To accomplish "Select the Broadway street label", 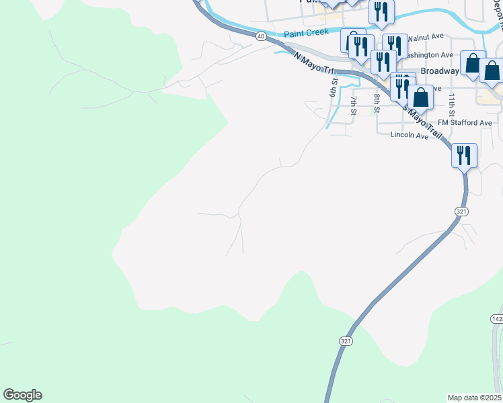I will pos(439,71).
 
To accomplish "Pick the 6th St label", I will pos(333,87).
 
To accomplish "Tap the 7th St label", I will pos(354,105).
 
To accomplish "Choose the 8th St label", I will pos(377,99).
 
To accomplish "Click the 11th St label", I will pos(453,101).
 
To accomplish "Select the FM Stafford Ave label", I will pos(464,123).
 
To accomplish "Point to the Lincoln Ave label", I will pos(409,136).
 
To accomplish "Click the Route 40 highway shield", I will pos(261,35).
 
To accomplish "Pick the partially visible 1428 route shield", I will pos(497,318).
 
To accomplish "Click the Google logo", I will pos(22,395).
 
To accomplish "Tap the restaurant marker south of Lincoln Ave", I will pos(464,156).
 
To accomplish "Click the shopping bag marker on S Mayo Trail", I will pos(420,97).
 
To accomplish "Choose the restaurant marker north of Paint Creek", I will pos(381,11).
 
